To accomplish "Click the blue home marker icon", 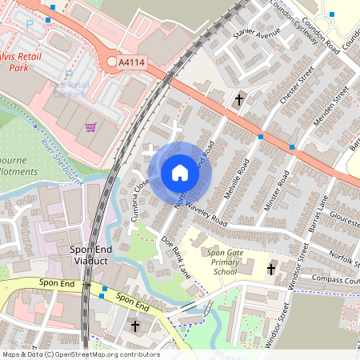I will click(180, 172).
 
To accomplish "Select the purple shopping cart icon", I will click(91, 126).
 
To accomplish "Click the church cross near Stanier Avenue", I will click(239, 99).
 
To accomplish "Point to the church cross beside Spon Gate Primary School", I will click(270, 270).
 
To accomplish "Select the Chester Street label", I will click(286, 96).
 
